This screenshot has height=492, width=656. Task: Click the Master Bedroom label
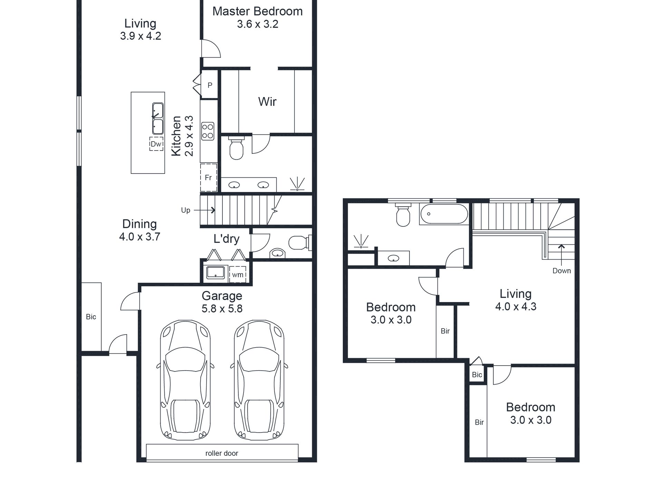(x=257, y=11)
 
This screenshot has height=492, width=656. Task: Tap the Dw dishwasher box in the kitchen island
(x=156, y=144)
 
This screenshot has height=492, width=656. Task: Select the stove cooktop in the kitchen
(x=208, y=131)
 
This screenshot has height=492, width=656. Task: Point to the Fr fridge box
(x=209, y=177)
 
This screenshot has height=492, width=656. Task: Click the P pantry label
(x=210, y=85)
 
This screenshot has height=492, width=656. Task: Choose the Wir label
(x=267, y=102)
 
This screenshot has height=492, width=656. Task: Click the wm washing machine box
(x=238, y=274)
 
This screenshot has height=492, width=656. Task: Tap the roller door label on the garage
(x=222, y=453)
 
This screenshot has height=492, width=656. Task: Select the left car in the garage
(x=185, y=380)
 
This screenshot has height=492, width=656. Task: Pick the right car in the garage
(x=259, y=380)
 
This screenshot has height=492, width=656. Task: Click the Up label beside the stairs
(x=185, y=210)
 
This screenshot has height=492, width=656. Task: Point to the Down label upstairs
(x=561, y=271)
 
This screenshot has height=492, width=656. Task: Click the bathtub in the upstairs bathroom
(x=444, y=214)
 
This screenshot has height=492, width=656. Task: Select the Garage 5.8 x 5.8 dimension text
(x=222, y=308)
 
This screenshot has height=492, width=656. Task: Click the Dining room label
(x=139, y=224)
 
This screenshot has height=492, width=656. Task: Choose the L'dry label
(x=226, y=239)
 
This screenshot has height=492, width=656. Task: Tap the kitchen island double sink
(x=158, y=118)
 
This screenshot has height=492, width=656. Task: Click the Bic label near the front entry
(x=91, y=317)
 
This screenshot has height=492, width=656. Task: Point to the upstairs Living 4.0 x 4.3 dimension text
(x=516, y=307)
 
